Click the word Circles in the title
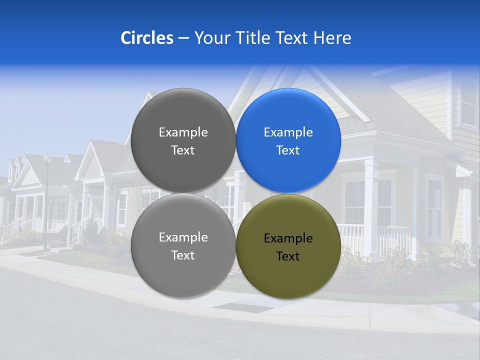(x=147, y=38)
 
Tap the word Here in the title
(x=332, y=38)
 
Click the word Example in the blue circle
(x=288, y=132)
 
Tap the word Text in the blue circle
(x=288, y=150)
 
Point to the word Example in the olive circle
(x=288, y=238)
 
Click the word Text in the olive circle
(x=288, y=256)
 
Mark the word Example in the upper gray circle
(x=183, y=132)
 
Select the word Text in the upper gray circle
(x=183, y=150)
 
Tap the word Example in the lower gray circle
(x=183, y=237)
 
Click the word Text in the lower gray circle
(x=183, y=255)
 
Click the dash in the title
(x=183, y=38)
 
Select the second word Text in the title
(x=292, y=38)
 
